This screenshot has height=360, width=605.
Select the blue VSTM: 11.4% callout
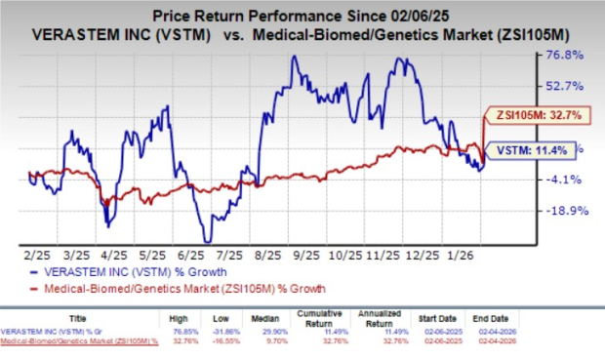(x=523, y=151)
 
